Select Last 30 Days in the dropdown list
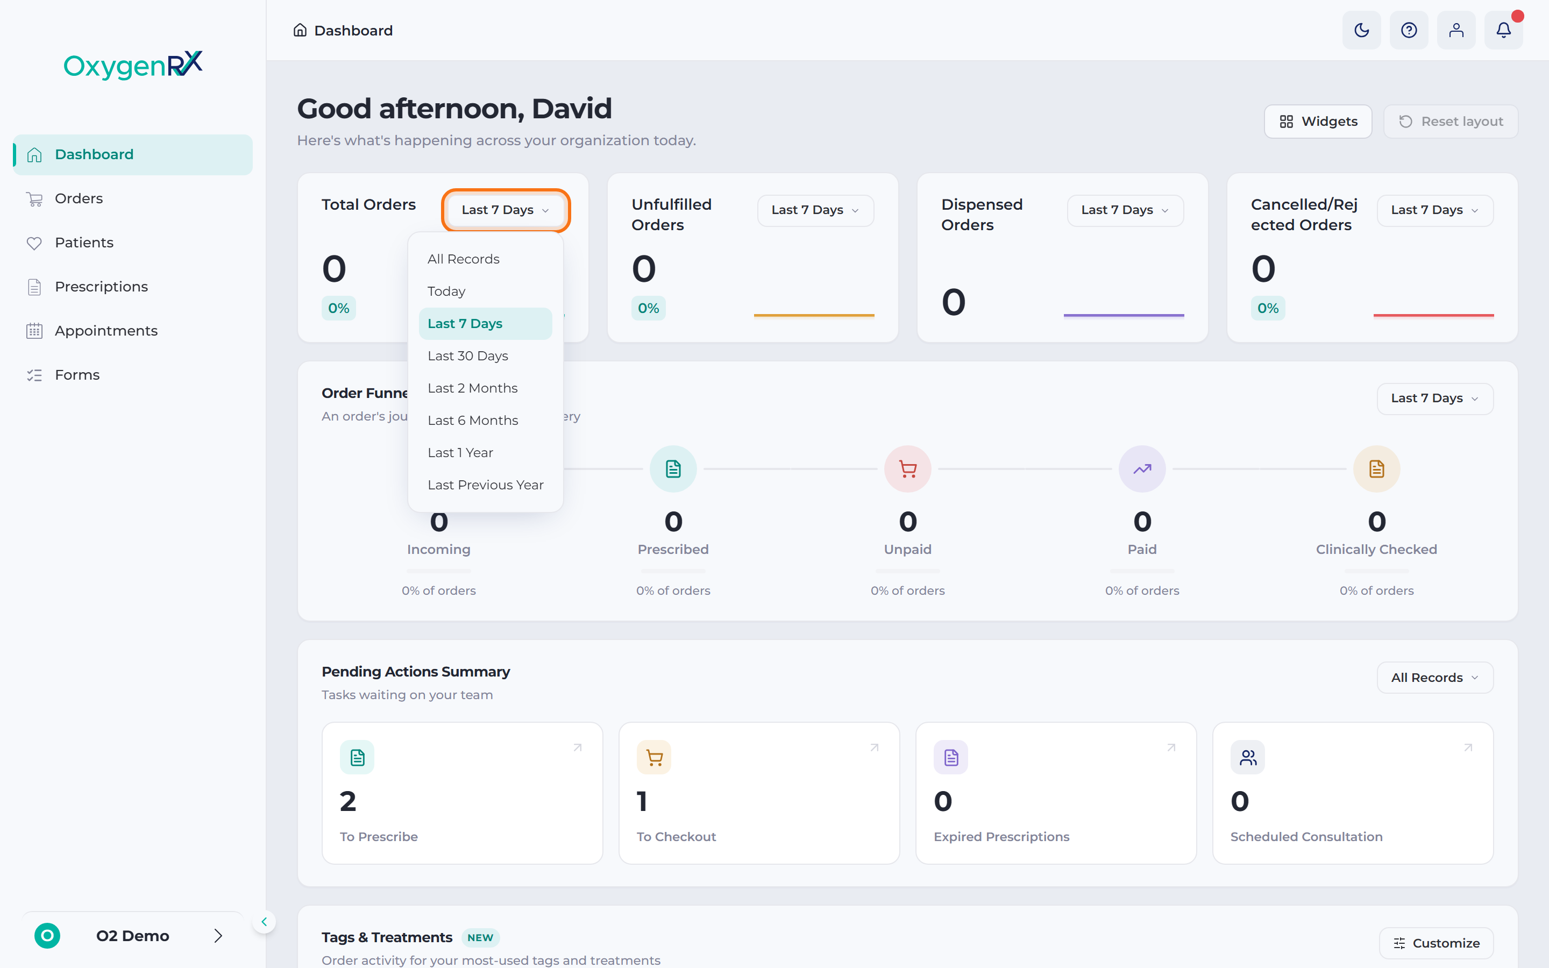click(x=468, y=356)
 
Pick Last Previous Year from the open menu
click(x=485, y=485)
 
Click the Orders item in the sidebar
click(x=79, y=198)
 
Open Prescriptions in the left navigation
click(x=101, y=287)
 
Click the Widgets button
click(x=1318, y=122)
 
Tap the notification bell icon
click(x=1504, y=30)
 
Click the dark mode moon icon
click(x=1361, y=30)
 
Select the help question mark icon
click(x=1409, y=30)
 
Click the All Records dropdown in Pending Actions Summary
click(x=1435, y=678)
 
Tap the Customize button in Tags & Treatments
click(x=1437, y=943)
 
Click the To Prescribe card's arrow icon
click(x=577, y=747)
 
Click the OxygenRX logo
click(x=133, y=65)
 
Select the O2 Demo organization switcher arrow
click(x=218, y=936)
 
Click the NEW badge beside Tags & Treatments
click(x=480, y=938)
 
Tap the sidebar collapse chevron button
click(x=264, y=922)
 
